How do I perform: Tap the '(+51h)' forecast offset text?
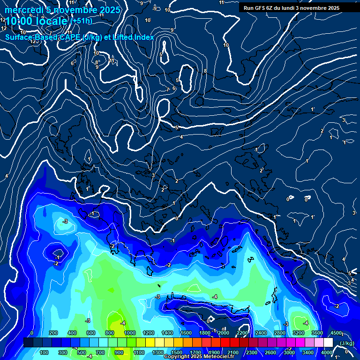(81, 21)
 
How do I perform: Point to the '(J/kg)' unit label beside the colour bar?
(346, 343)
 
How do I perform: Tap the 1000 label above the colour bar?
(130, 333)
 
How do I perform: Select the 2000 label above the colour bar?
(224, 333)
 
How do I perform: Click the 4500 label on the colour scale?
(336, 333)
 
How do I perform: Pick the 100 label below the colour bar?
(45, 352)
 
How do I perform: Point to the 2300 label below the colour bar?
(252, 352)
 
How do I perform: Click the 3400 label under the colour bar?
(308, 352)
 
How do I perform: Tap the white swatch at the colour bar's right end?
(328, 343)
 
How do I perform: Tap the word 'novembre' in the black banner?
(310, 8)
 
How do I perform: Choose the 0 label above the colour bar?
(32, 333)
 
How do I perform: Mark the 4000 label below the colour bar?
(327, 352)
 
